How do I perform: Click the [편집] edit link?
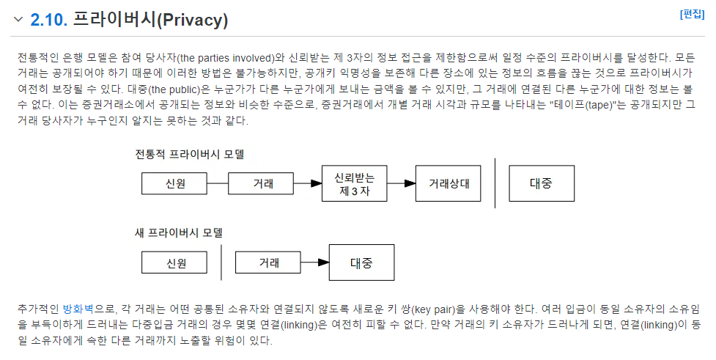pos(692,14)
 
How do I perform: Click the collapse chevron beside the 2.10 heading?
pos(18,19)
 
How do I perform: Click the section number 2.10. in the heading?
pos(49,20)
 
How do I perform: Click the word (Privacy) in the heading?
pos(192,20)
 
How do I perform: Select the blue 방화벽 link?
pos(78,309)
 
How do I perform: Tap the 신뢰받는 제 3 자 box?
pos(355,183)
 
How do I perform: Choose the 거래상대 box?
pos(448,183)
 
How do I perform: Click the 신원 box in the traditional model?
pos(174,183)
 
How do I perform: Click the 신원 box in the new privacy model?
pos(174,262)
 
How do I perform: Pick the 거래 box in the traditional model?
pos(261,183)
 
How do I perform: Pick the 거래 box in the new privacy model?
pos(268,262)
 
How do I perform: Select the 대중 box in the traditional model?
pos(542,183)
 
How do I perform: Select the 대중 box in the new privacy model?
pos(361,262)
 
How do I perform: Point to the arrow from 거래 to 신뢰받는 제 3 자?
pos(308,183)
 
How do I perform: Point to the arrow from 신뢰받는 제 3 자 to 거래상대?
pos(402,183)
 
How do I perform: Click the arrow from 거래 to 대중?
pos(315,262)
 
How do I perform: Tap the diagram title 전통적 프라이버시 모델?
pos(190,154)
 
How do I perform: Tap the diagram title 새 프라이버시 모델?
pos(179,233)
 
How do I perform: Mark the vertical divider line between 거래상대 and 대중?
pos(495,183)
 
